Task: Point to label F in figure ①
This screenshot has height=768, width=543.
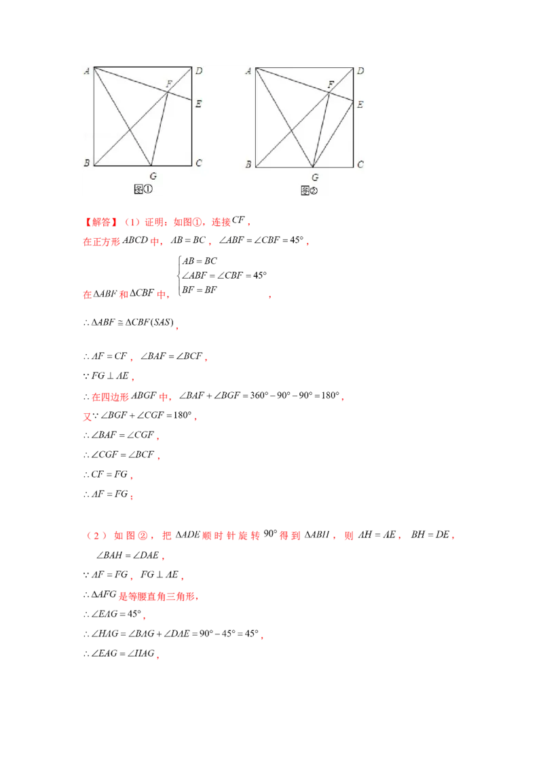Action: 169,83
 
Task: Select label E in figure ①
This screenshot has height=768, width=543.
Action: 198,103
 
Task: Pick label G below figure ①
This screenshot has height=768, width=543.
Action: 153,176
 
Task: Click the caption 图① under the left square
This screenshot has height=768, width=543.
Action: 143,189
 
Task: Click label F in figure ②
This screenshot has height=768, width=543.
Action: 331,84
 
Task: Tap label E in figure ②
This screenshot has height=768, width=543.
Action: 360,104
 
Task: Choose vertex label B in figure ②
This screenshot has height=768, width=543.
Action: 248,164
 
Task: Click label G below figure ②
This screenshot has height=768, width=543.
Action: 314,177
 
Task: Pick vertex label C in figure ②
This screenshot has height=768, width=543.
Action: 360,164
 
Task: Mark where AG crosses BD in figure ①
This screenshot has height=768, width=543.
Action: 130,129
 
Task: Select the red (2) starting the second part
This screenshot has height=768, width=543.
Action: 94,537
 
